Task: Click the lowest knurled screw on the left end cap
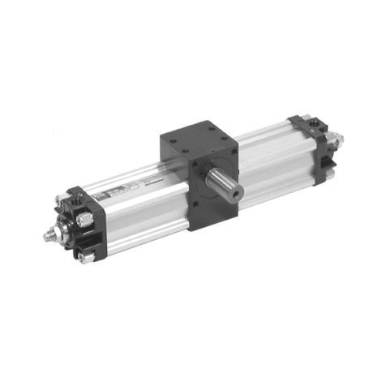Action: tap(86, 257)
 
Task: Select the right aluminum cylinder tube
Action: tap(268, 158)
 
